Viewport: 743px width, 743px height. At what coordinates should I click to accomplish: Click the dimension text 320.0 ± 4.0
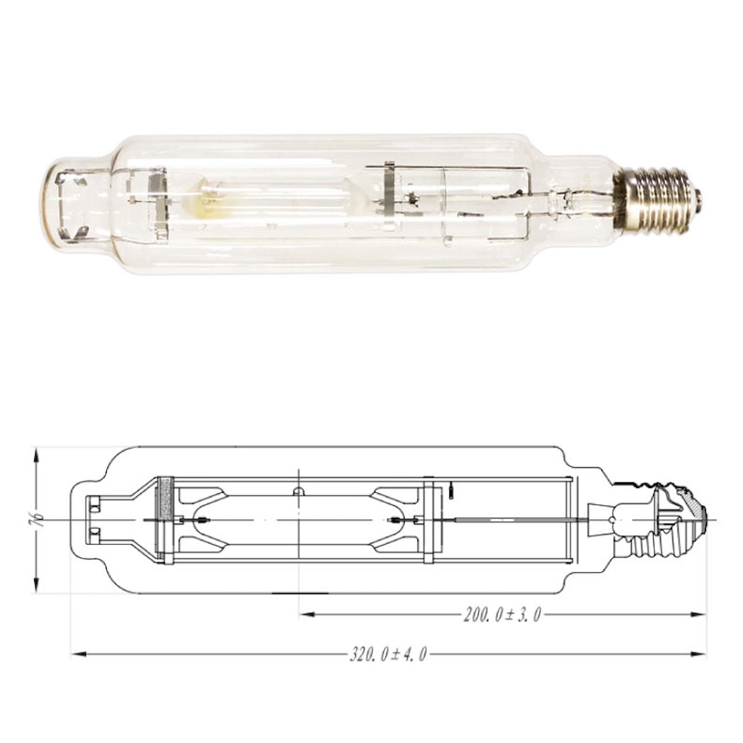pyautogui.click(x=388, y=655)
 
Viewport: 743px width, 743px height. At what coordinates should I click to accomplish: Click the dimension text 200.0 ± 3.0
pyautogui.click(x=502, y=615)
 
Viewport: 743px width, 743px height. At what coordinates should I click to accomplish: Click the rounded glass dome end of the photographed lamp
pyautogui.click(x=58, y=203)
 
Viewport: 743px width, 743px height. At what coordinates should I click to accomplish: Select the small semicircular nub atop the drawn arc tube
pyautogui.click(x=298, y=492)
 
